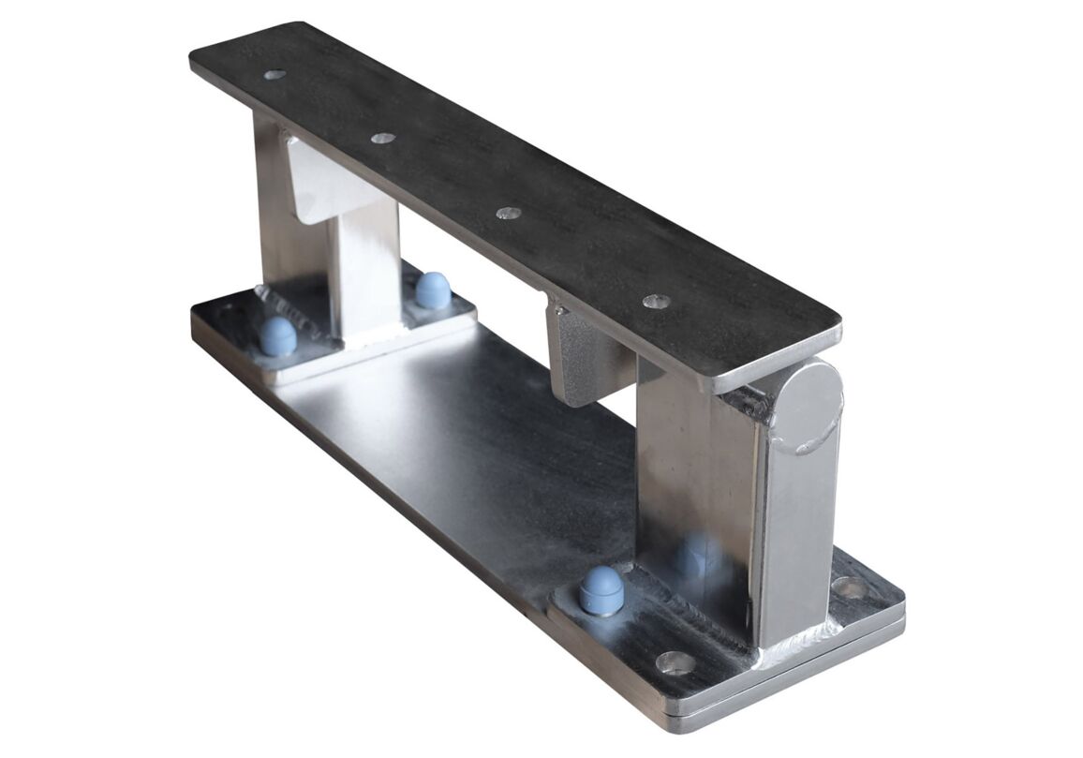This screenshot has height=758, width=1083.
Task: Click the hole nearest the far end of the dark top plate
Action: coord(274,74)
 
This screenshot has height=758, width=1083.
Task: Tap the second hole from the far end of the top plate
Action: coord(382,138)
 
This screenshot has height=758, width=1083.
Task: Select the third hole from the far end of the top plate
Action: coord(508,214)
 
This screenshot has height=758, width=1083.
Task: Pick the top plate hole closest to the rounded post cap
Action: coord(656,302)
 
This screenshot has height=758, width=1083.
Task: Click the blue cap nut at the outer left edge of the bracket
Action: coord(278,335)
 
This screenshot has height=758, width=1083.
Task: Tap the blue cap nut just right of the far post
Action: coord(432,290)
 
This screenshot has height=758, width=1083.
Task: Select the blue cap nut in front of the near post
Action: coord(601,589)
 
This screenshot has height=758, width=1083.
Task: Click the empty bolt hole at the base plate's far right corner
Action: coord(851,588)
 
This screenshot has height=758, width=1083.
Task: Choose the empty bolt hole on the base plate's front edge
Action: coord(675,663)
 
